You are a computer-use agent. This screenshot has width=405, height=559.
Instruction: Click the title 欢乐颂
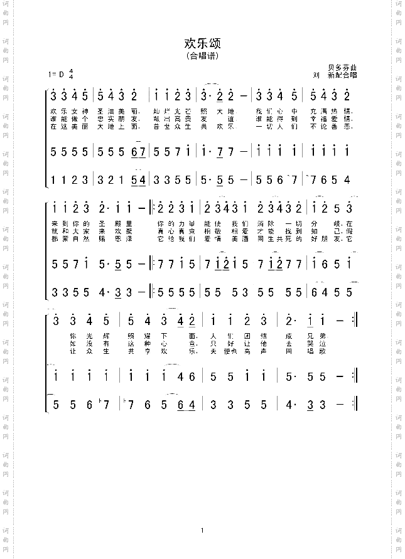[202, 44]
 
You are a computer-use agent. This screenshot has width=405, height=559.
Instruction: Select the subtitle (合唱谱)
[202, 56]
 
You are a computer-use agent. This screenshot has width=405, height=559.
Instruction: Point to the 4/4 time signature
[71, 74]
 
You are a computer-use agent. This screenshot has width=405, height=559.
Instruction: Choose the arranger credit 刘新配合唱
[339, 75]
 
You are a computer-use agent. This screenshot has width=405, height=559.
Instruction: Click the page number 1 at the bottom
[203, 531]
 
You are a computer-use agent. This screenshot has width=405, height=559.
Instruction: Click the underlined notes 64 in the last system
[186, 405]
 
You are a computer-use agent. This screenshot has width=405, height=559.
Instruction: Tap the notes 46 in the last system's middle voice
[186, 377]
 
